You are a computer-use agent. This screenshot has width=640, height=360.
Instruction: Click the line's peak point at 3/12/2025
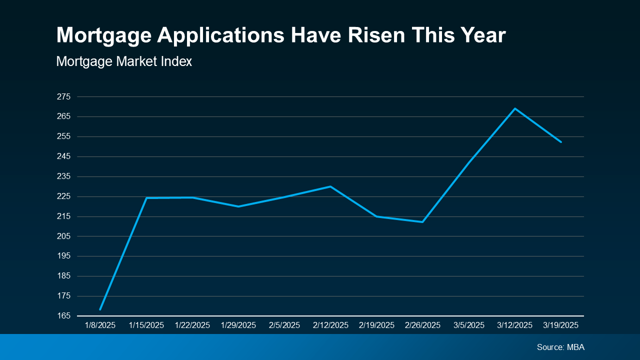point(515,108)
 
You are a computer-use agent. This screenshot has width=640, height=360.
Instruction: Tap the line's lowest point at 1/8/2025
point(100,309)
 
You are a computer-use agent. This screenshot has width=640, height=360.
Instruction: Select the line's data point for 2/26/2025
point(423,221)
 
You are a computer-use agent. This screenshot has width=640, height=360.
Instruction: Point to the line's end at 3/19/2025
point(561,142)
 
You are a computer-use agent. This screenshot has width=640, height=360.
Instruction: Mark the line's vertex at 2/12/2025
point(330,186)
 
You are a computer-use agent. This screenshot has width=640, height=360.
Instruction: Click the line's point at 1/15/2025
point(146,198)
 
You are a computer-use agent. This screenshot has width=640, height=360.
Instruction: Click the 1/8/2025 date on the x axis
point(100,325)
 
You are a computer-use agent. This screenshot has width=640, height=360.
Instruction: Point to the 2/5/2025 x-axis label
point(284,325)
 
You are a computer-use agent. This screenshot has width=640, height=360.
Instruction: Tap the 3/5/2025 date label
point(469,325)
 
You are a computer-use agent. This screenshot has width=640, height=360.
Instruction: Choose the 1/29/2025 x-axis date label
point(238,325)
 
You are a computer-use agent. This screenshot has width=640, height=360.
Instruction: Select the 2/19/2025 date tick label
point(376,325)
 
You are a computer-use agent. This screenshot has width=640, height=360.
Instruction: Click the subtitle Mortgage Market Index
point(124,61)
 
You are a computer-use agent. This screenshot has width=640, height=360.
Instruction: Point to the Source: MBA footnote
point(560,347)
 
